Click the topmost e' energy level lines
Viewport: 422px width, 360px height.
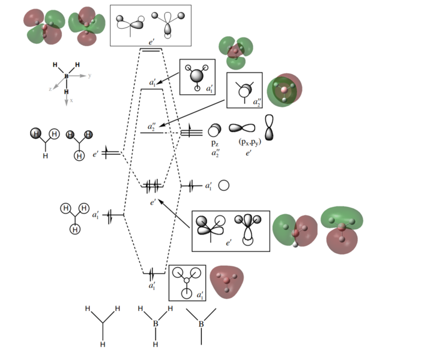click(151, 50)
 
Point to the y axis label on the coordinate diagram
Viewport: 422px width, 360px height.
click(89, 76)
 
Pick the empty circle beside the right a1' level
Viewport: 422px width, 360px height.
click(224, 185)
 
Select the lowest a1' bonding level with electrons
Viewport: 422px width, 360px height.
click(152, 273)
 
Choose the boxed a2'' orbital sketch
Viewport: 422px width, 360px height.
click(244, 90)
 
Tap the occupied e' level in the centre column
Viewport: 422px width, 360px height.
click(152, 185)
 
